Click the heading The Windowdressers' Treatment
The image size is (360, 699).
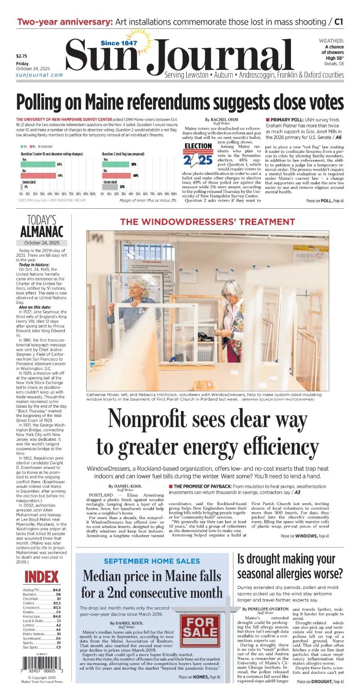click(x=208, y=221)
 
